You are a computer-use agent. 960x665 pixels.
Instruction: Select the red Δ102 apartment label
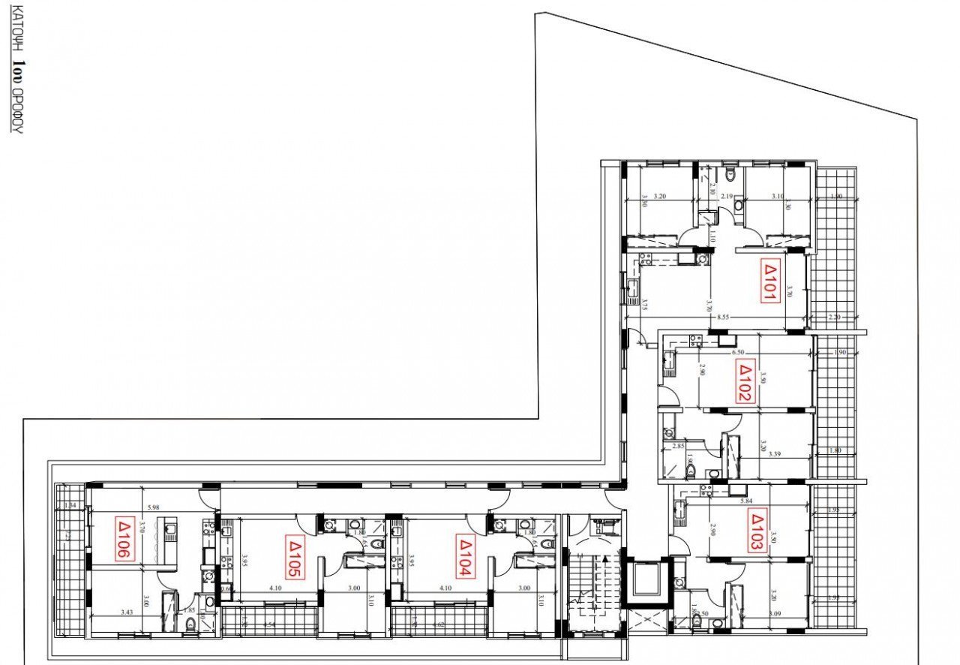click(x=745, y=382)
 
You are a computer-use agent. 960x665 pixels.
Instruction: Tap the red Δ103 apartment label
click(x=756, y=531)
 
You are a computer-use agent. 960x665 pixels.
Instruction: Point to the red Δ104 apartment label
click(x=465, y=558)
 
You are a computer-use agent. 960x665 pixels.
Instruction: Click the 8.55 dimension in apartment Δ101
click(x=722, y=317)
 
